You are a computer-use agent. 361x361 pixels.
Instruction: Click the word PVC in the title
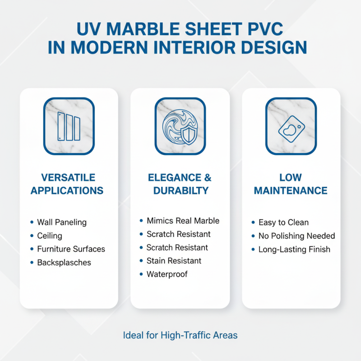pos(267,30)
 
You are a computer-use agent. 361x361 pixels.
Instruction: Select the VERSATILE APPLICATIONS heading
pos(67,184)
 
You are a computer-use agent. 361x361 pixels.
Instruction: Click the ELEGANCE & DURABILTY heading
pos(180,184)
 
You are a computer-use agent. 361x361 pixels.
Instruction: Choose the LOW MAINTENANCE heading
pos(291,184)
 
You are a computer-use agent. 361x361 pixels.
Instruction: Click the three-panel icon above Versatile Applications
pos(69,126)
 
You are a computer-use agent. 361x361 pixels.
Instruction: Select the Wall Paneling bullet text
pos(62,222)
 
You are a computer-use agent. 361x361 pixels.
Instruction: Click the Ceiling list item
pos(50,236)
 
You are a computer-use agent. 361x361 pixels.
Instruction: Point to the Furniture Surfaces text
pos(71,249)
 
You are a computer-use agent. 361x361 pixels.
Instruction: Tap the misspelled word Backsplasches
pos(64,262)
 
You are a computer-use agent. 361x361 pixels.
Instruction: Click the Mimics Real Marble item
pos(183,221)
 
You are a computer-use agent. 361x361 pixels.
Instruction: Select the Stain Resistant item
pos(174,261)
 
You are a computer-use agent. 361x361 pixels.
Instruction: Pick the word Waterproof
pos(167,274)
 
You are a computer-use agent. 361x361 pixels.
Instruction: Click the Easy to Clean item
pos(283,222)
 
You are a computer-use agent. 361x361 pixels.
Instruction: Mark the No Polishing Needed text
pos(296,236)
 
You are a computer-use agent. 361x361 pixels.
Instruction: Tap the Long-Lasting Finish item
pos(294,249)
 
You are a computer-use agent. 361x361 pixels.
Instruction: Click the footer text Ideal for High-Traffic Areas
pos(180,336)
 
